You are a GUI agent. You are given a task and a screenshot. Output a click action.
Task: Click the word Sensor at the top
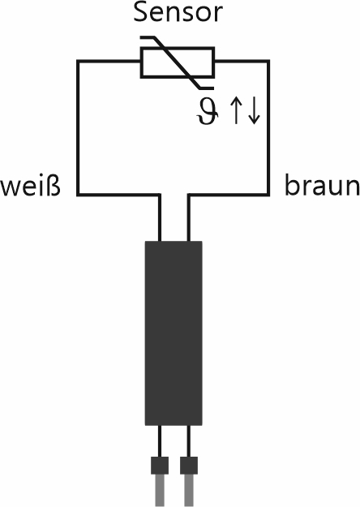178,12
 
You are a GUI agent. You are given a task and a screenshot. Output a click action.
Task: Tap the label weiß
30,186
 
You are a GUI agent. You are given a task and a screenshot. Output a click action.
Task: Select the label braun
322,185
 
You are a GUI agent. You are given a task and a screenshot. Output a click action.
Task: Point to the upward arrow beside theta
236,111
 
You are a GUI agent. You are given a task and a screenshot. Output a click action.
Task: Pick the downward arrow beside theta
254,111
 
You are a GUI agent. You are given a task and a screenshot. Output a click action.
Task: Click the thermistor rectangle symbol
178,62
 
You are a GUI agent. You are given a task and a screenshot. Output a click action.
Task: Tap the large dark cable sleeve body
174,333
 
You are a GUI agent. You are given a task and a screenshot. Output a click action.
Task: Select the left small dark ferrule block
160,466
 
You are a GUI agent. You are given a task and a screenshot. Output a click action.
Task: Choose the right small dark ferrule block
189,466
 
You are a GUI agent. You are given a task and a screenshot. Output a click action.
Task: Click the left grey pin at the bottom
160,491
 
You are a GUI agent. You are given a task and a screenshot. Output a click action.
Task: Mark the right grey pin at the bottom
189,491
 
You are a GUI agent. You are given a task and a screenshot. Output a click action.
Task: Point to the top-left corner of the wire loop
78,61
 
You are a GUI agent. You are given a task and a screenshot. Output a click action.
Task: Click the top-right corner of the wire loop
268,61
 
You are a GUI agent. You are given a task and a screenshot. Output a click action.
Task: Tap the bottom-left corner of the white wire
78,195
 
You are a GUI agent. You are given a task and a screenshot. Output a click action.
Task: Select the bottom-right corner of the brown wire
268,195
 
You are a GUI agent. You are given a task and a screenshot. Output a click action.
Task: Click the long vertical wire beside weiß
78,127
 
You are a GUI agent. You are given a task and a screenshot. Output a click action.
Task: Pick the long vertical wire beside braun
268,127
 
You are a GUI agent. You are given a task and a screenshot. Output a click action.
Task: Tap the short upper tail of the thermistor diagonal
148,37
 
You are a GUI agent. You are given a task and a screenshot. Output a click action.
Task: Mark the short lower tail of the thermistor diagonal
206,88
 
